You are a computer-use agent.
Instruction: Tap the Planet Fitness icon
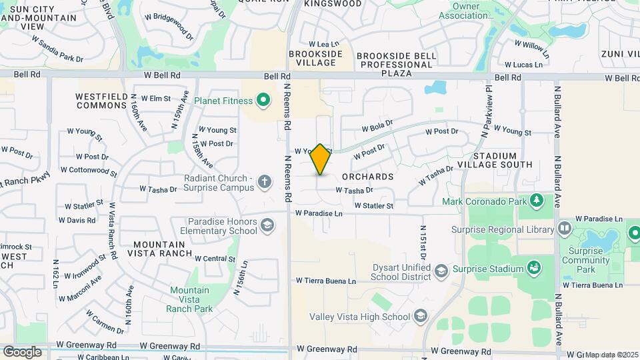click(x=263, y=101)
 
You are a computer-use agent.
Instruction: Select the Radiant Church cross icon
click(x=265, y=181)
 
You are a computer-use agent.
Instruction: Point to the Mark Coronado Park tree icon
click(x=537, y=200)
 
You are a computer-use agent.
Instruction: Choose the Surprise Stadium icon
click(x=533, y=269)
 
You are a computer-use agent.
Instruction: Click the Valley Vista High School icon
click(x=420, y=315)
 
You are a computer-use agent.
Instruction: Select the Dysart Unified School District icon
click(x=441, y=270)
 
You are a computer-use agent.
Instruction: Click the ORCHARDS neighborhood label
click(x=367, y=177)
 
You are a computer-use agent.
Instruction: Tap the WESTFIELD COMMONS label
click(x=101, y=101)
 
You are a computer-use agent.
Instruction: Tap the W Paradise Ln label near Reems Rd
click(x=319, y=213)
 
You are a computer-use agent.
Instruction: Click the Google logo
click(x=22, y=351)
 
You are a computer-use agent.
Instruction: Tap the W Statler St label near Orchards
click(x=373, y=206)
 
